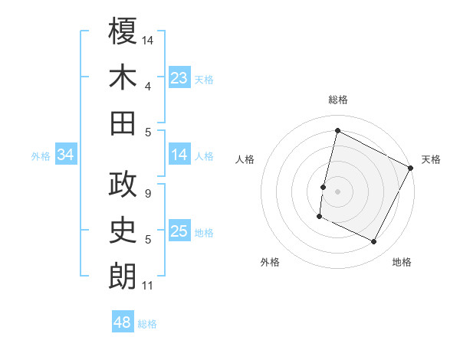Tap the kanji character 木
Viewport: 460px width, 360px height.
click(x=123, y=77)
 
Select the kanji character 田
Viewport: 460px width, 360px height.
click(x=123, y=123)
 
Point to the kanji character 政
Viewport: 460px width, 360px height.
click(x=123, y=185)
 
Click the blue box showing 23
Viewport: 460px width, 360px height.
click(x=179, y=77)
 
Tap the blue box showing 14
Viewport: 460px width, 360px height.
click(x=179, y=155)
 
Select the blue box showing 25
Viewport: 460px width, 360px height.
click(x=179, y=231)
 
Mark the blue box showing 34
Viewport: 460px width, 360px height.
click(x=66, y=155)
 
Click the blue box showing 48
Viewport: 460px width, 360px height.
click(x=123, y=322)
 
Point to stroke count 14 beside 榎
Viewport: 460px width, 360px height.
click(x=149, y=38)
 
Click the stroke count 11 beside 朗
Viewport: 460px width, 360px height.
click(x=147, y=286)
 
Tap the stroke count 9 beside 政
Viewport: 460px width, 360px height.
click(x=147, y=194)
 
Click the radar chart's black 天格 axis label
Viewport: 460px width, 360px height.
click(x=431, y=159)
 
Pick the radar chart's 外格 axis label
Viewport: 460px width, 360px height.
click(x=270, y=262)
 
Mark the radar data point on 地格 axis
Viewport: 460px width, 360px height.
click(x=374, y=242)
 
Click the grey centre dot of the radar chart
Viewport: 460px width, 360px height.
click(x=337, y=191)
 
